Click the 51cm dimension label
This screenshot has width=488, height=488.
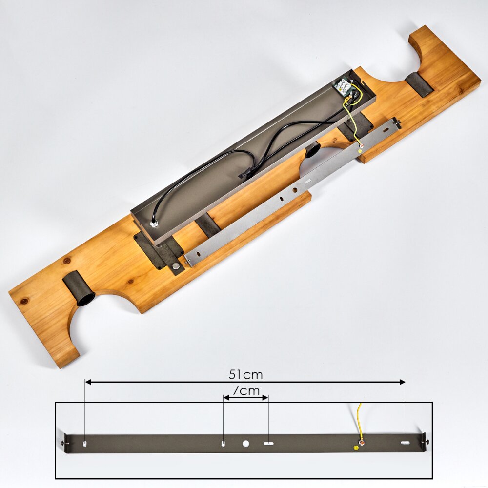(x=245, y=375)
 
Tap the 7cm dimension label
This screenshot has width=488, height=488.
(x=246, y=390)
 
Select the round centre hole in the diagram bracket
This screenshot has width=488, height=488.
(x=246, y=444)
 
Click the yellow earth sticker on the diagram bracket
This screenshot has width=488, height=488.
(x=355, y=447)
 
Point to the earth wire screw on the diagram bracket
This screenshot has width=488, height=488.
(x=362, y=443)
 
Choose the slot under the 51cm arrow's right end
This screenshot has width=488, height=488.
(x=405, y=443)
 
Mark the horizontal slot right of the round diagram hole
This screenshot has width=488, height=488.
(x=268, y=444)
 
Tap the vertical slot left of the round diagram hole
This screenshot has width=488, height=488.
(x=223, y=444)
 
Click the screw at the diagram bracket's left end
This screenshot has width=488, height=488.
(x=63, y=443)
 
